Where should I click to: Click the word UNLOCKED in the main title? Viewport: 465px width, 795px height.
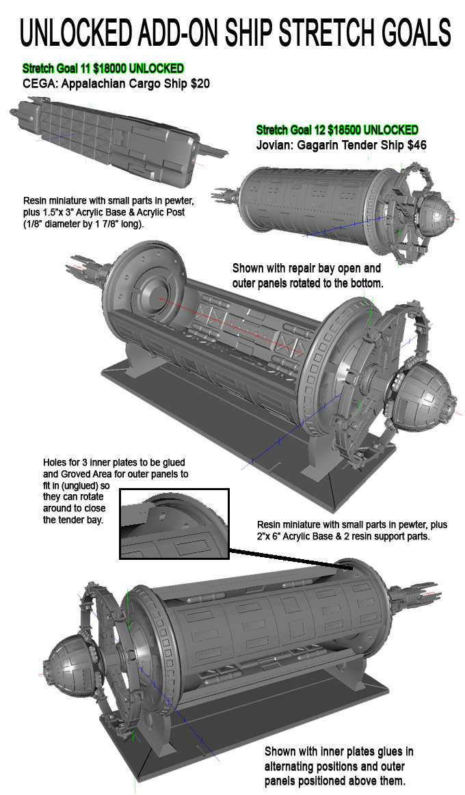[x=76, y=31]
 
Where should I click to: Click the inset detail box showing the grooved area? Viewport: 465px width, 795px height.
[x=175, y=524]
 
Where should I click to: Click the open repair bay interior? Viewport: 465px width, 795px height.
[x=232, y=328]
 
